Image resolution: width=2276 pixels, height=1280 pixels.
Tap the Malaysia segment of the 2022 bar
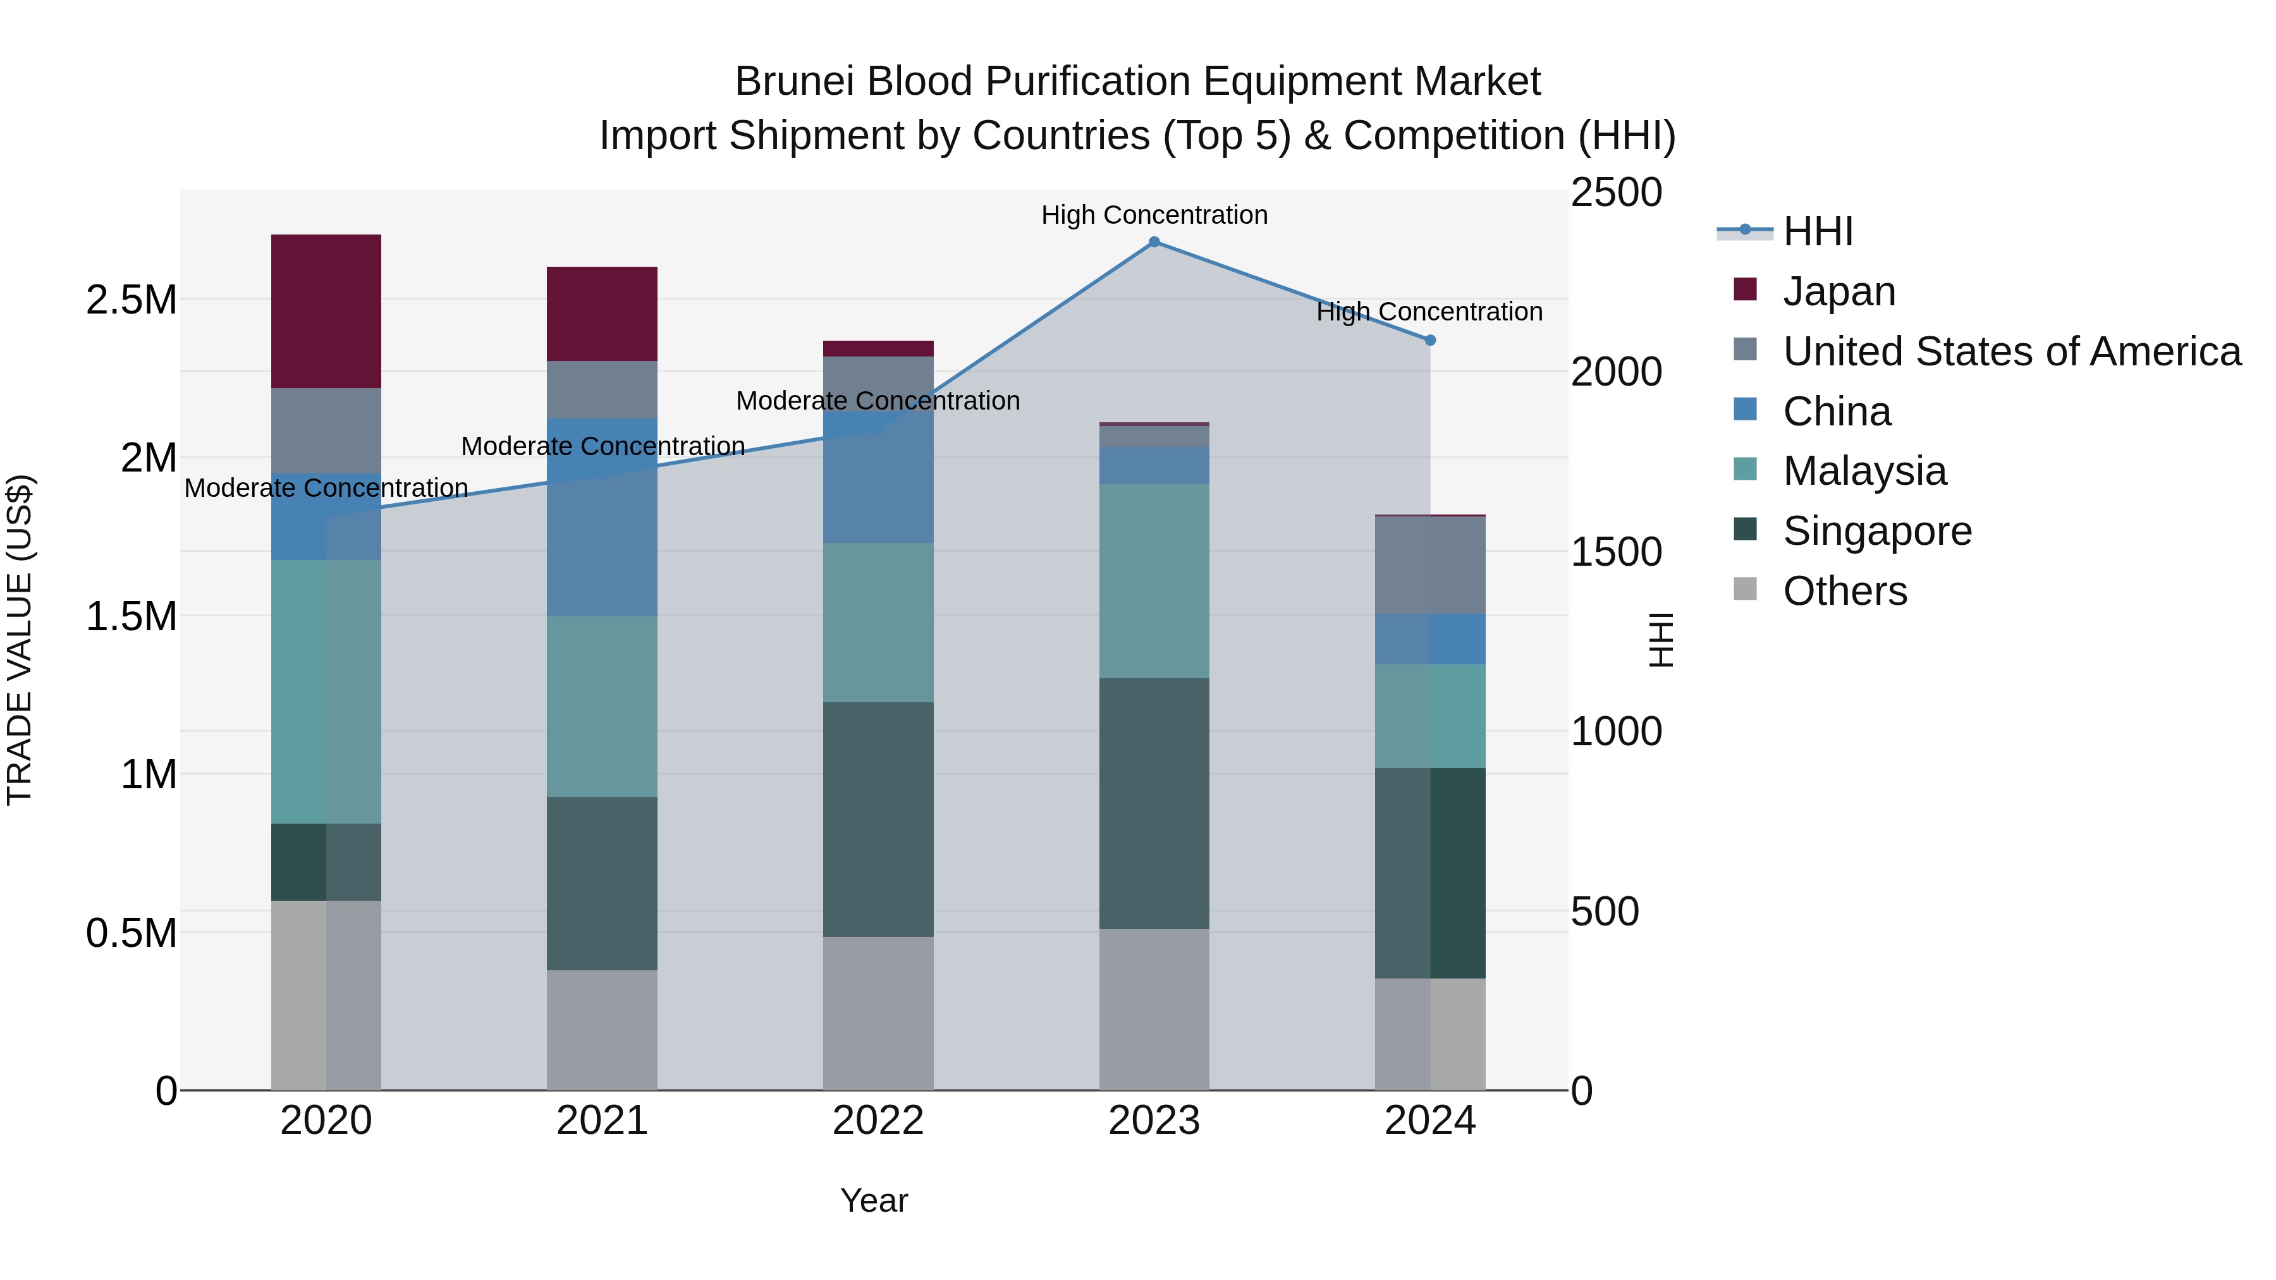pos(878,622)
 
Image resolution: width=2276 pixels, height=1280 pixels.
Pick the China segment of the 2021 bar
pos(602,517)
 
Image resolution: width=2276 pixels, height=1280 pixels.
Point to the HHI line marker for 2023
pos(1154,241)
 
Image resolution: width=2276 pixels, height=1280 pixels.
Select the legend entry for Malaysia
pos(1864,471)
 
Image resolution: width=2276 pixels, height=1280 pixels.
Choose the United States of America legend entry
pos(2011,351)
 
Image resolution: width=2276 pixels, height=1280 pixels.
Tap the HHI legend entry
pos(1818,231)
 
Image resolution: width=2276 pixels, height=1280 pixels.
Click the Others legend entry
pos(1844,591)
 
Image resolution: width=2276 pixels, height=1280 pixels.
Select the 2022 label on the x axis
pos(878,1121)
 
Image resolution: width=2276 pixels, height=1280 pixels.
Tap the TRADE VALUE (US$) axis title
pos(20,640)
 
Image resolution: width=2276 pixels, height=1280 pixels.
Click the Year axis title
pos(874,1200)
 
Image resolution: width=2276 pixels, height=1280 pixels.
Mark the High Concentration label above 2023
pos(1154,215)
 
